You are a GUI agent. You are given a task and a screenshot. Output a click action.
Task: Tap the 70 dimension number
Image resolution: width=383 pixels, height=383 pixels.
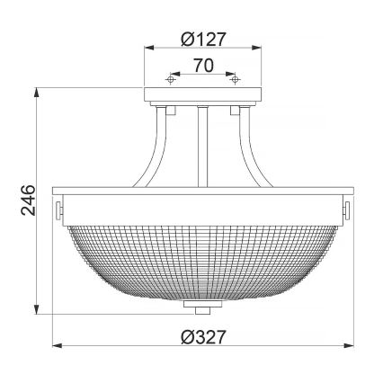pos(203,65)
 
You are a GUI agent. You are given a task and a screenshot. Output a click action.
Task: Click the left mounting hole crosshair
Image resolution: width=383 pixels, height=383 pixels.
pos(170,79)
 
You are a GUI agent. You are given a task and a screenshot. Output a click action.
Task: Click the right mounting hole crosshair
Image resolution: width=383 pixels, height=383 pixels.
pos(236,79)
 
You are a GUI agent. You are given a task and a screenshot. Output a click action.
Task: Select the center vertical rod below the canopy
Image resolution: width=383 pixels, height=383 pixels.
pos(203,144)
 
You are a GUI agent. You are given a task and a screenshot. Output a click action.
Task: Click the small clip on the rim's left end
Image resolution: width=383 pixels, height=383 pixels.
pos(60,209)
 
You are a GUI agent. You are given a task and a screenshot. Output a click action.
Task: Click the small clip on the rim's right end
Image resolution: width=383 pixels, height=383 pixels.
pos(346,209)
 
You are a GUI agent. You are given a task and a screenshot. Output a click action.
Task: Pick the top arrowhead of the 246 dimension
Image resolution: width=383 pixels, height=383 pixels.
pos(37,92)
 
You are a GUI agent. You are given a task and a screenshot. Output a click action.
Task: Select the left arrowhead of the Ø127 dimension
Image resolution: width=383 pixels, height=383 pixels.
pos(147,49)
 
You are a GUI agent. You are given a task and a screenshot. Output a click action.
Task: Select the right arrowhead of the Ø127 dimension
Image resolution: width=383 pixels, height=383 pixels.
pos(259,49)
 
